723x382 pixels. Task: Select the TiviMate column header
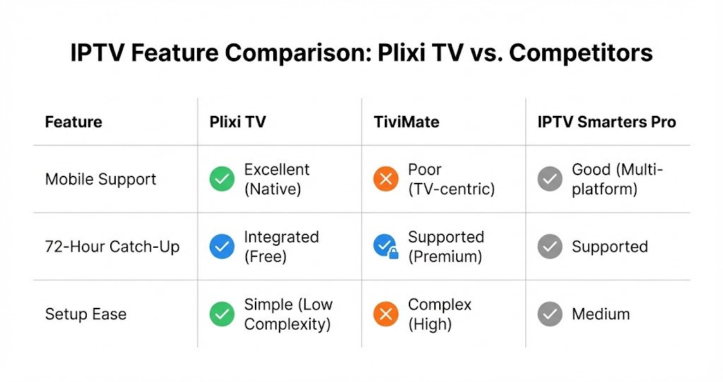(406, 122)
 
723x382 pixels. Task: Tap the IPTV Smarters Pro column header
(607, 122)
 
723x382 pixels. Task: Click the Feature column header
(73, 122)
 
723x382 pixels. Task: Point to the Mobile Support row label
(100, 179)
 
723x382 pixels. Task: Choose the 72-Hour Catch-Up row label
(112, 246)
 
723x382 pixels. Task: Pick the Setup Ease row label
(85, 314)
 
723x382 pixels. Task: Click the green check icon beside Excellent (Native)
(222, 179)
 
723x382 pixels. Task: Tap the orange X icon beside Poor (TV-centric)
(386, 179)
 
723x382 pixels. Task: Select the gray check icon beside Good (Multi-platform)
(549, 179)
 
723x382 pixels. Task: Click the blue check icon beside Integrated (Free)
(222, 246)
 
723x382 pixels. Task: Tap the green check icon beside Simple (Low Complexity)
(222, 314)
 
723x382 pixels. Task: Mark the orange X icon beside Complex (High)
(386, 314)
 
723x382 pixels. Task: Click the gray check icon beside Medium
(549, 314)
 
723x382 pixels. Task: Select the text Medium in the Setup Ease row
(600, 314)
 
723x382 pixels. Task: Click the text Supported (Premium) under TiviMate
(446, 246)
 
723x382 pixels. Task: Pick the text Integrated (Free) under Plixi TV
(281, 246)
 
